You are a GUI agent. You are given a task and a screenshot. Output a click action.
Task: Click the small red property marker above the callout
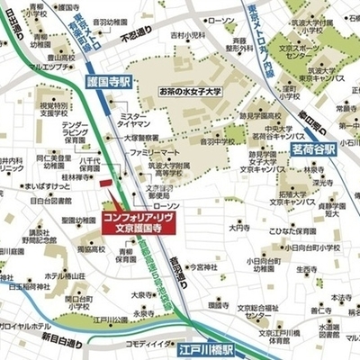[x=105, y=184]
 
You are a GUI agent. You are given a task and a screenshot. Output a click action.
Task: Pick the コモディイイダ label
[x=150, y=343]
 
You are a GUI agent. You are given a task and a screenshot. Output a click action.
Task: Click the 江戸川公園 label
[x=111, y=318]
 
